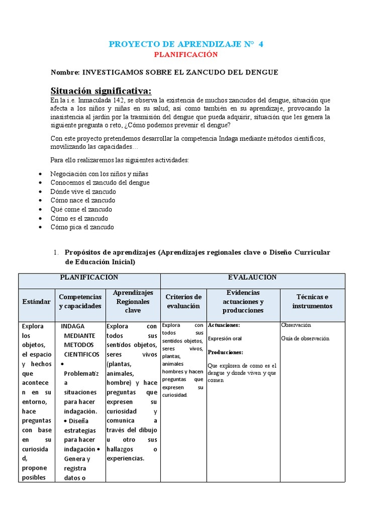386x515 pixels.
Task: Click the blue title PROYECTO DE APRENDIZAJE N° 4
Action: pyautogui.click(x=186, y=44)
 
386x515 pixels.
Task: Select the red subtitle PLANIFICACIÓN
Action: pyautogui.click(x=186, y=54)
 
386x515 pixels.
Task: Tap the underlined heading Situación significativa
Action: pyautogui.click(x=101, y=91)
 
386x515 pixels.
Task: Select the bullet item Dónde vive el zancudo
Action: pyautogui.click(x=83, y=192)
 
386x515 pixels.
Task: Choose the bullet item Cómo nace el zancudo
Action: pyautogui.click(x=83, y=200)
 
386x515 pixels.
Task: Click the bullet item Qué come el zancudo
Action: pyautogui.click(x=81, y=209)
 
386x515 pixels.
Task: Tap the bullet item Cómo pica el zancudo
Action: pyautogui.click(x=82, y=227)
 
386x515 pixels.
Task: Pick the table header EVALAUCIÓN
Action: pyautogui.click(x=252, y=278)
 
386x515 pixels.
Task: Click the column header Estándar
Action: pyautogui.click(x=36, y=301)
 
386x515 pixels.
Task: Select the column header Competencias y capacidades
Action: pyautogui.click(x=80, y=301)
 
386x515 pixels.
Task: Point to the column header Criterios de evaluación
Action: pyautogui.click(x=183, y=301)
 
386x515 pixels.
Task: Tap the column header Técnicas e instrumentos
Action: pyautogui.click(x=312, y=301)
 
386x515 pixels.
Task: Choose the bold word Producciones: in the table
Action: pyautogui.click(x=225, y=352)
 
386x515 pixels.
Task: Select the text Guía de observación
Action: pyautogui.click(x=305, y=338)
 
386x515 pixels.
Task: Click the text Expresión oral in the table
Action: pyautogui.click(x=225, y=338)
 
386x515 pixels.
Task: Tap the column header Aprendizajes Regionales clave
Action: pyautogui.click(x=133, y=301)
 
